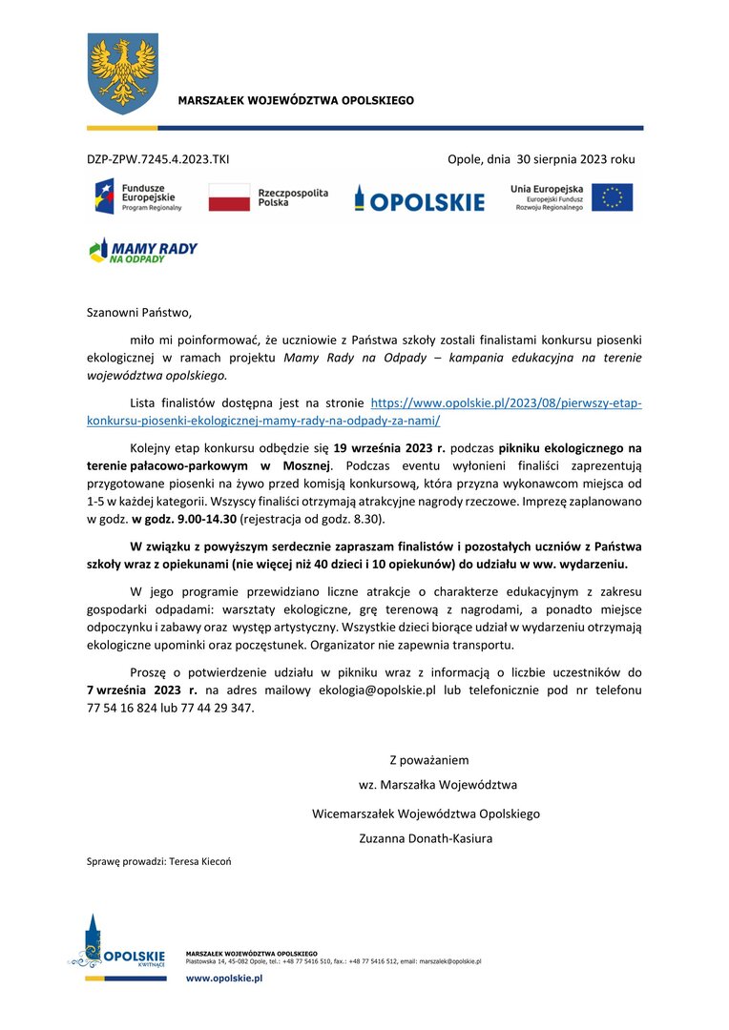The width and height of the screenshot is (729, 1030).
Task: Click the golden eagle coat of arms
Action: [x=120, y=72]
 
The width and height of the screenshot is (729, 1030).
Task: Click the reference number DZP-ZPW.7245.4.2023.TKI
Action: [x=157, y=159]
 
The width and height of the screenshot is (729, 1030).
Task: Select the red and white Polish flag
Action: [x=228, y=197]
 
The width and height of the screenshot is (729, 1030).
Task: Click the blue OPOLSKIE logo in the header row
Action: [x=419, y=199]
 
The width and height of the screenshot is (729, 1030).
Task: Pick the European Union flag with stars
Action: [x=612, y=196]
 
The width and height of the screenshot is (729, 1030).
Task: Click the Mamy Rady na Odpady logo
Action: [x=143, y=251]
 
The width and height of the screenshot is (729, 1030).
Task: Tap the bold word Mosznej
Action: [x=303, y=465]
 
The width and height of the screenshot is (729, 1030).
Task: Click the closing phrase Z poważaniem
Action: [x=428, y=760]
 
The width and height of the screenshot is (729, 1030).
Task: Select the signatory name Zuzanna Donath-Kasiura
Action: [x=426, y=839]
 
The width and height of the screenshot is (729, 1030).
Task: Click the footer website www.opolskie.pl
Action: [x=224, y=979]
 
